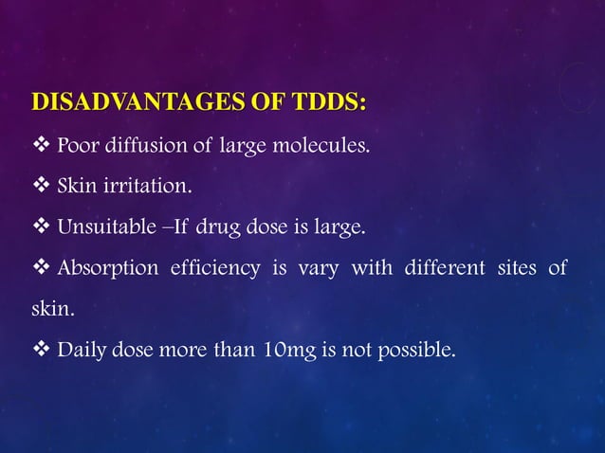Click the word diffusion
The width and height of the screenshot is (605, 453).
click(139, 147)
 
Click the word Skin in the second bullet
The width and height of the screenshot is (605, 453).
click(77, 188)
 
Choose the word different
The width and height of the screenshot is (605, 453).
click(432, 269)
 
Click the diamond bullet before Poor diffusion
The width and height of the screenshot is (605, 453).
click(42, 147)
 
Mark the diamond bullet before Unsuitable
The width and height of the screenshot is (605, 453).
click(42, 228)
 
